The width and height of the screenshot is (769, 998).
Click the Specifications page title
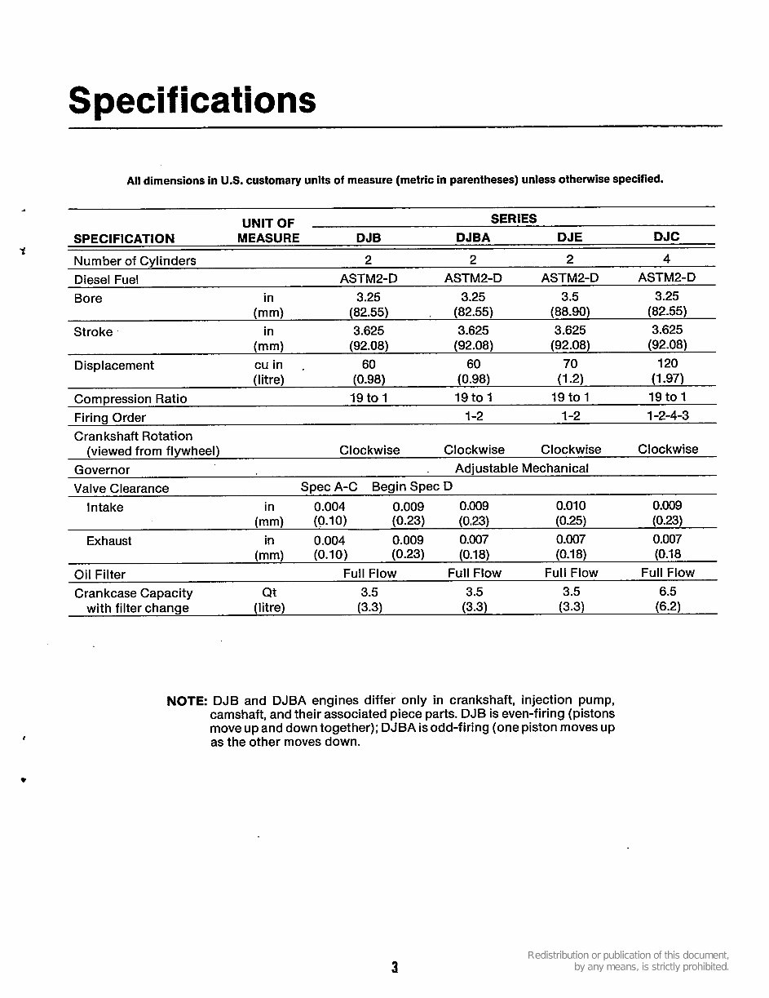192,100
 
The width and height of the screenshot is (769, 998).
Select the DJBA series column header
473,237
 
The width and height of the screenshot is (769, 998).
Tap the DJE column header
569,237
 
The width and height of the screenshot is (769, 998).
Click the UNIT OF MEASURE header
268,231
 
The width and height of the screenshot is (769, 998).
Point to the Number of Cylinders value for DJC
666,259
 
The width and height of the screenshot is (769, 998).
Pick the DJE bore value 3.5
570,297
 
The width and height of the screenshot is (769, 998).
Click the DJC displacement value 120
667,364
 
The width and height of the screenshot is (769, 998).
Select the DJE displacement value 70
570,364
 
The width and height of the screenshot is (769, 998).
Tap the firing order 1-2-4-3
667,415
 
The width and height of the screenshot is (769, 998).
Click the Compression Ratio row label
130,399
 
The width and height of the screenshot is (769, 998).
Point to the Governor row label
102,470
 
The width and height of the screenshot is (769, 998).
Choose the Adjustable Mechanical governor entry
521,468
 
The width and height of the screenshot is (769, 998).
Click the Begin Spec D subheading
412,486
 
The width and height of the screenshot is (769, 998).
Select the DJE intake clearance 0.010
570,506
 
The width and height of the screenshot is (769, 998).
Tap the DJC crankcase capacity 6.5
667,592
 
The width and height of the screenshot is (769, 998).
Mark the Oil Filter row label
99,574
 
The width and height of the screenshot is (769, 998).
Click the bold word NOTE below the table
187,701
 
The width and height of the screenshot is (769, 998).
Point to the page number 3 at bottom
395,968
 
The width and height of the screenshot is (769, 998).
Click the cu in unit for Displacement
268,365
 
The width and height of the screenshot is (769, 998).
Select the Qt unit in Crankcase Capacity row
269,593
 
